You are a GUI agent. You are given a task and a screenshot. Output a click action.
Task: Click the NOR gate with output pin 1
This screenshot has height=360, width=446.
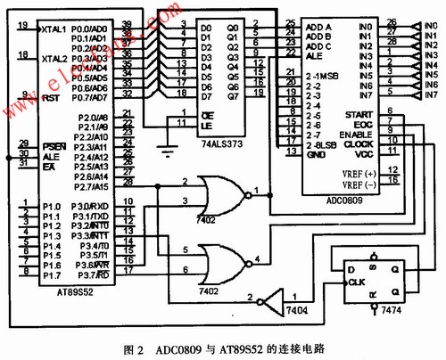[225, 192]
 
